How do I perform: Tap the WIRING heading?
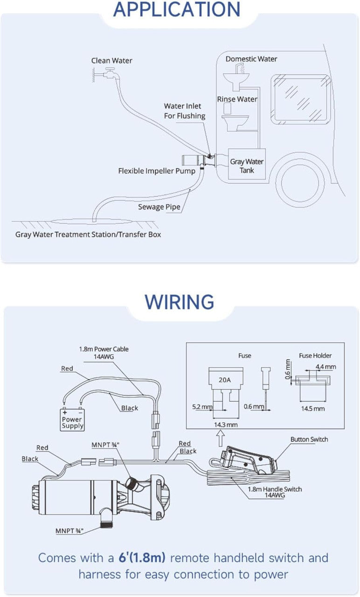point(180,302)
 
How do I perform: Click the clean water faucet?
point(108,73)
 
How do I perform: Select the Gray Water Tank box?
point(247,164)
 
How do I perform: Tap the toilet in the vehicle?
point(235,118)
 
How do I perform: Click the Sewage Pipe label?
point(159,207)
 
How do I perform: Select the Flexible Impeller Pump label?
point(157,171)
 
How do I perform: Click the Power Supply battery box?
point(72,419)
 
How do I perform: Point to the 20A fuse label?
point(225,380)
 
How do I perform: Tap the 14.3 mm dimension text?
point(226,424)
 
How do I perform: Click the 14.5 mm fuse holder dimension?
point(313,409)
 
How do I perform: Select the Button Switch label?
point(309,439)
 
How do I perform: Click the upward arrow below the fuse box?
point(221,439)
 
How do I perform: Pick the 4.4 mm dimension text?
point(325,367)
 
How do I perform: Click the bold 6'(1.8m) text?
point(142,557)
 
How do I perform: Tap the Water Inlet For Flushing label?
point(184,111)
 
